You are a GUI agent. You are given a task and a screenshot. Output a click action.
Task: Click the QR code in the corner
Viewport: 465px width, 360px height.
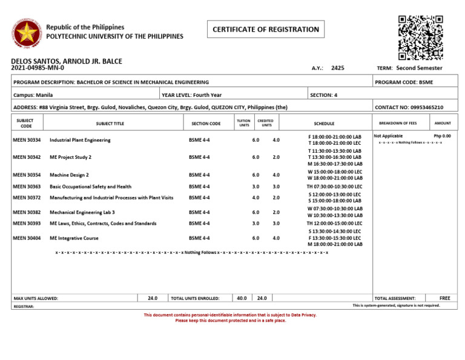420,38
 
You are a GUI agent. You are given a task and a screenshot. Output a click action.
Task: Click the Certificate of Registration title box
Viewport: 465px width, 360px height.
266,29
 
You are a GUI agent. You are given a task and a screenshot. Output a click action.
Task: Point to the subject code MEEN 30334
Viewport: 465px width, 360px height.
27,140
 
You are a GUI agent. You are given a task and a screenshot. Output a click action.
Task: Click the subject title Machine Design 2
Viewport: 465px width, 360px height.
70,175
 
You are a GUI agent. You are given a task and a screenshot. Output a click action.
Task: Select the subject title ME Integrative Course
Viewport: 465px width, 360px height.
74,238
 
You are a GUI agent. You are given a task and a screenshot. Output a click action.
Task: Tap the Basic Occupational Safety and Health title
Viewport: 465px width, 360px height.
90,187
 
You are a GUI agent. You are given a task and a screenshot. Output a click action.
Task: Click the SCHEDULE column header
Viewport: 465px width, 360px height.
324,123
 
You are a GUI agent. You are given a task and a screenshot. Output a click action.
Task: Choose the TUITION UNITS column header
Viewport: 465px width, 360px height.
243,123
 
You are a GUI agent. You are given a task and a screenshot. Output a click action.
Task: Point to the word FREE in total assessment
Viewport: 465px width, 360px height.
445,298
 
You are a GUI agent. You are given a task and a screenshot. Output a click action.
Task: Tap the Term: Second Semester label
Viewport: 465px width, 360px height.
410,68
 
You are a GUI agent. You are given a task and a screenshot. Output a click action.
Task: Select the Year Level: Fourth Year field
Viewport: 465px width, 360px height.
192,95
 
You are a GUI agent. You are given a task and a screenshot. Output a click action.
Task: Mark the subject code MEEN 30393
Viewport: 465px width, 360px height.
27,224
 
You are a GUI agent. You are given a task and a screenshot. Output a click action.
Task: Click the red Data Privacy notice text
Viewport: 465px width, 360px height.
229,318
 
